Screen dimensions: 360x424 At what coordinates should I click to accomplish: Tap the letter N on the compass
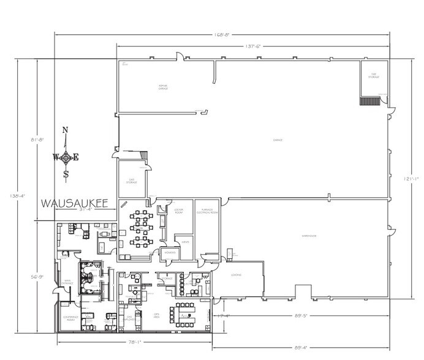pyautogui.click(x=66, y=130)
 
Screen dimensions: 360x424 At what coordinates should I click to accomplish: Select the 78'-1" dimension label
pyautogui.click(x=134, y=343)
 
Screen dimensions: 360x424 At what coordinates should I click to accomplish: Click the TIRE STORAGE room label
pyautogui.click(x=373, y=77)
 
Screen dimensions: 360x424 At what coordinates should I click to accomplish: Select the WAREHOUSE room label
pyautogui.click(x=308, y=236)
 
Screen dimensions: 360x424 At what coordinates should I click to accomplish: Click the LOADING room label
pyautogui.click(x=237, y=275)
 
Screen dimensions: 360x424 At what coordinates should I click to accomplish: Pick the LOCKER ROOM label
pyautogui.click(x=180, y=211)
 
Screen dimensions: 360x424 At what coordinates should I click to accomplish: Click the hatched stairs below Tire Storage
pyautogui.click(x=369, y=101)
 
